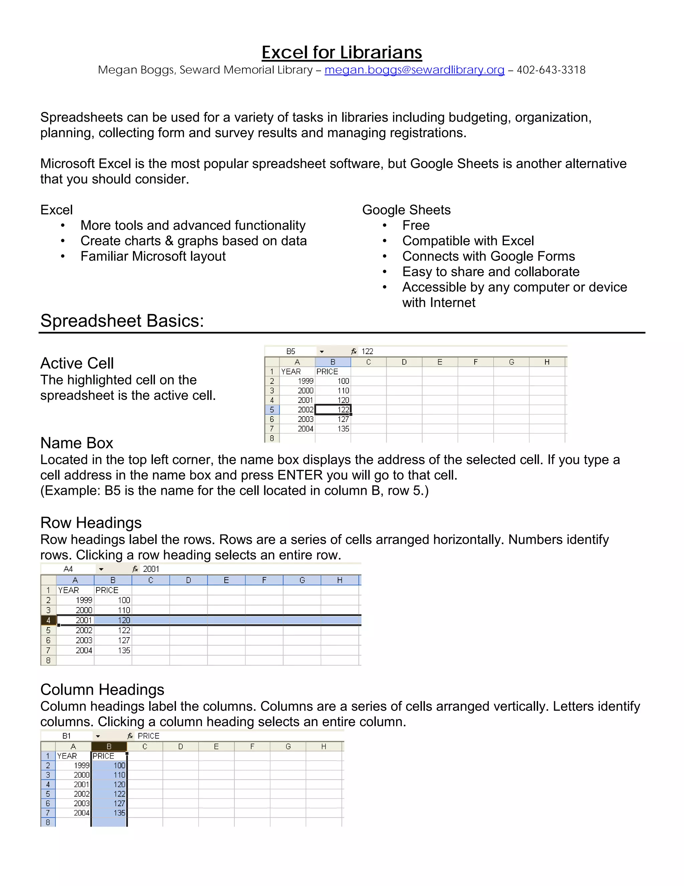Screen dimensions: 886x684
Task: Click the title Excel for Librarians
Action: tap(342, 53)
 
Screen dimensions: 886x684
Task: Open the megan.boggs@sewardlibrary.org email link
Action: tap(414, 70)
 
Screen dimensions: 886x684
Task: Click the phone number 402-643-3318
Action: tap(551, 70)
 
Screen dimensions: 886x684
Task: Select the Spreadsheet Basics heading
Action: tap(122, 321)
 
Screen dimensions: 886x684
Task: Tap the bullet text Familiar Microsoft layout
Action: tap(153, 256)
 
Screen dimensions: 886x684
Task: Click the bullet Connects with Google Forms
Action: tap(488, 256)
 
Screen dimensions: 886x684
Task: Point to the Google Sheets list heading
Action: tap(406, 210)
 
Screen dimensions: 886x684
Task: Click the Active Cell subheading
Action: tap(77, 363)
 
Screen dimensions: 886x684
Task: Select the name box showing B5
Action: tap(291, 351)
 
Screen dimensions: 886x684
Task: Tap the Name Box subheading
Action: tap(76, 443)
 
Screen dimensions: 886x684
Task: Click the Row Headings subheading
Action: tap(91, 523)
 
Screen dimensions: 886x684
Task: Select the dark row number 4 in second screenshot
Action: tap(48, 620)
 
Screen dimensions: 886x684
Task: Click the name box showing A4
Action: tap(68, 569)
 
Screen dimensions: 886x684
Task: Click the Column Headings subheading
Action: tap(102, 690)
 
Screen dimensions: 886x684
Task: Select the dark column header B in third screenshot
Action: tap(109, 747)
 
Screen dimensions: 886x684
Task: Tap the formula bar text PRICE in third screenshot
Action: tap(148, 736)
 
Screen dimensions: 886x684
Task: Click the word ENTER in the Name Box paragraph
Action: tap(300, 475)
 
